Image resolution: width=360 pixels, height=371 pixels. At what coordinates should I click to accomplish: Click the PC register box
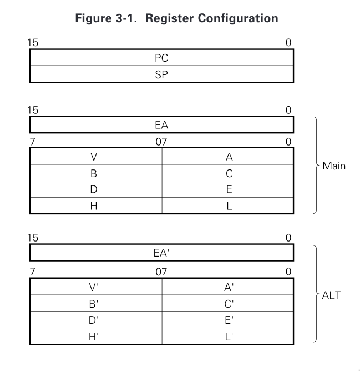click(x=161, y=58)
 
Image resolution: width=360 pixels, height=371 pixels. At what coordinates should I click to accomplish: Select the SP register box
click(x=161, y=74)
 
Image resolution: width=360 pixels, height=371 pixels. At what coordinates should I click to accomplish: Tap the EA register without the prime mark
click(x=161, y=126)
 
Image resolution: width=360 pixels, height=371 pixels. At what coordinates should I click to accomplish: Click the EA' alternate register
click(x=161, y=253)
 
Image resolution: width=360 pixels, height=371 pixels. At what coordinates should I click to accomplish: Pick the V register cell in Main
click(x=95, y=157)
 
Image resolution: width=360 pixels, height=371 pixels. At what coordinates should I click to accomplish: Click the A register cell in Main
click(x=229, y=157)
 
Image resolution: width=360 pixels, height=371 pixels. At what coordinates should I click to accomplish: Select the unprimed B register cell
click(x=95, y=173)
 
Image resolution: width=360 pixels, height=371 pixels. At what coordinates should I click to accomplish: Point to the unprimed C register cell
click(x=229, y=173)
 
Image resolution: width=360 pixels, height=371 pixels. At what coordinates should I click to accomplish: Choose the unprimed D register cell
click(x=95, y=189)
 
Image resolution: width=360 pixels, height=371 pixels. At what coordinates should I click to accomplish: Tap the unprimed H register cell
click(x=95, y=205)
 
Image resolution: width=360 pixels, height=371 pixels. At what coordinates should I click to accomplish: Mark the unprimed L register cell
click(x=229, y=205)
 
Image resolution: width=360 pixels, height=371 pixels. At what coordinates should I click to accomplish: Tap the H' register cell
click(x=95, y=335)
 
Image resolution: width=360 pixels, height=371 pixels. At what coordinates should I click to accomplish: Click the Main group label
click(x=333, y=166)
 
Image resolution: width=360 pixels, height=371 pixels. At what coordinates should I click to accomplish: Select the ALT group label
click(x=331, y=295)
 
